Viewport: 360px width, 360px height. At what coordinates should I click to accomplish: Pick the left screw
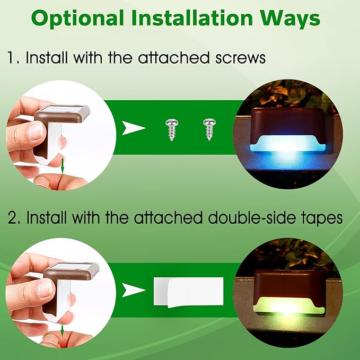pos(171,129)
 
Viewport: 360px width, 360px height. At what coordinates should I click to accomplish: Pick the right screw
pos(208,129)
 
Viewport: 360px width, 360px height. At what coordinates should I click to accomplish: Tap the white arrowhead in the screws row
pos(132,128)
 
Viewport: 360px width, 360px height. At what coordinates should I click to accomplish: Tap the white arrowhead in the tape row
pos(133,290)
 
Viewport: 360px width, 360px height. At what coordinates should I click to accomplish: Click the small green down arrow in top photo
pos(62,166)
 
